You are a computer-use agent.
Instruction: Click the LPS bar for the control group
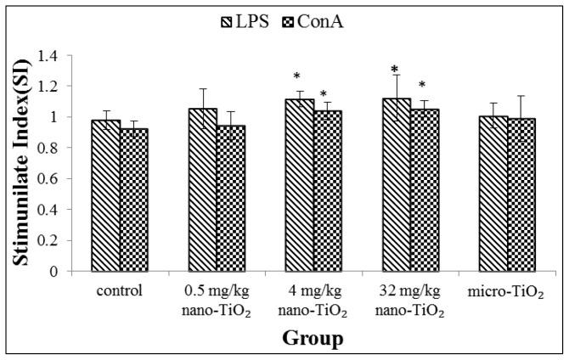pos(105,195)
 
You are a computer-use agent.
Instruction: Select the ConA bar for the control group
pos(133,200)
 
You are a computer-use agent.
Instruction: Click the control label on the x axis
pos(119,289)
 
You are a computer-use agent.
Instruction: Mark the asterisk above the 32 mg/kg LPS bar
pos(395,70)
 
